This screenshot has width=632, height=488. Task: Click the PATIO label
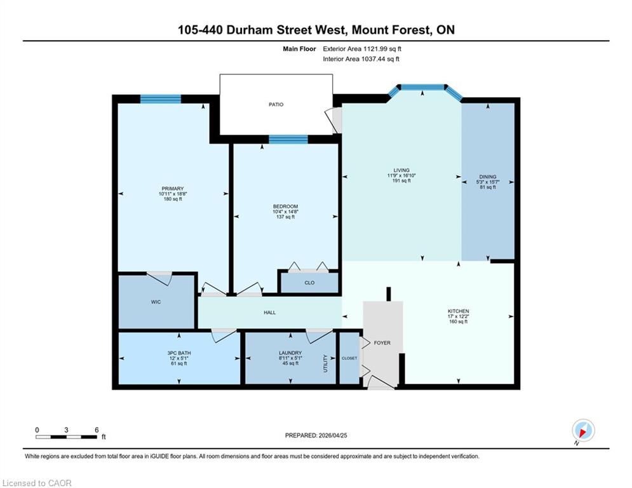click(x=276, y=104)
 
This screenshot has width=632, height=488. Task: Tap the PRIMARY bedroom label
click(x=173, y=189)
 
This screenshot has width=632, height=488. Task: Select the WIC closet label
click(x=156, y=302)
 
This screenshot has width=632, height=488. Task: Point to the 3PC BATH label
click(x=179, y=353)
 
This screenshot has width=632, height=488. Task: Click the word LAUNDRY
click(x=290, y=353)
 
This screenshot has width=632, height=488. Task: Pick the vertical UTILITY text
click(x=326, y=364)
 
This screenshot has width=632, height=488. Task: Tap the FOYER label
click(x=382, y=343)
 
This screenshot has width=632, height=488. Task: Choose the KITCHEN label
click(x=459, y=311)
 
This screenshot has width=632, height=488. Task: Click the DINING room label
click(x=488, y=177)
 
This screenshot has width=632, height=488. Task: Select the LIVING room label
click(x=401, y=170)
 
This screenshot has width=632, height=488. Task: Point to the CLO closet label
click(x=309, y=283)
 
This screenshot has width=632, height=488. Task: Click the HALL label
click(x=270, y=313)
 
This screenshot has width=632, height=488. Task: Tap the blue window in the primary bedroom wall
click(x=161, y=99)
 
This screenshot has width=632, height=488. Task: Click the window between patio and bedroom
click(x=288, y=140)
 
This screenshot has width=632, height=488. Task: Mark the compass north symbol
click(x=583, y=431)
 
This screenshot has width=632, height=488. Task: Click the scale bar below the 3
click(x=66, y=437)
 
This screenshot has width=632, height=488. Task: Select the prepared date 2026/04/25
click(x=333, y=435)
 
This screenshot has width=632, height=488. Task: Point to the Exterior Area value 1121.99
click(x=375, y=49)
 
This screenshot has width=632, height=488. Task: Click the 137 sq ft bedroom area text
click(x=285, y=217)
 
